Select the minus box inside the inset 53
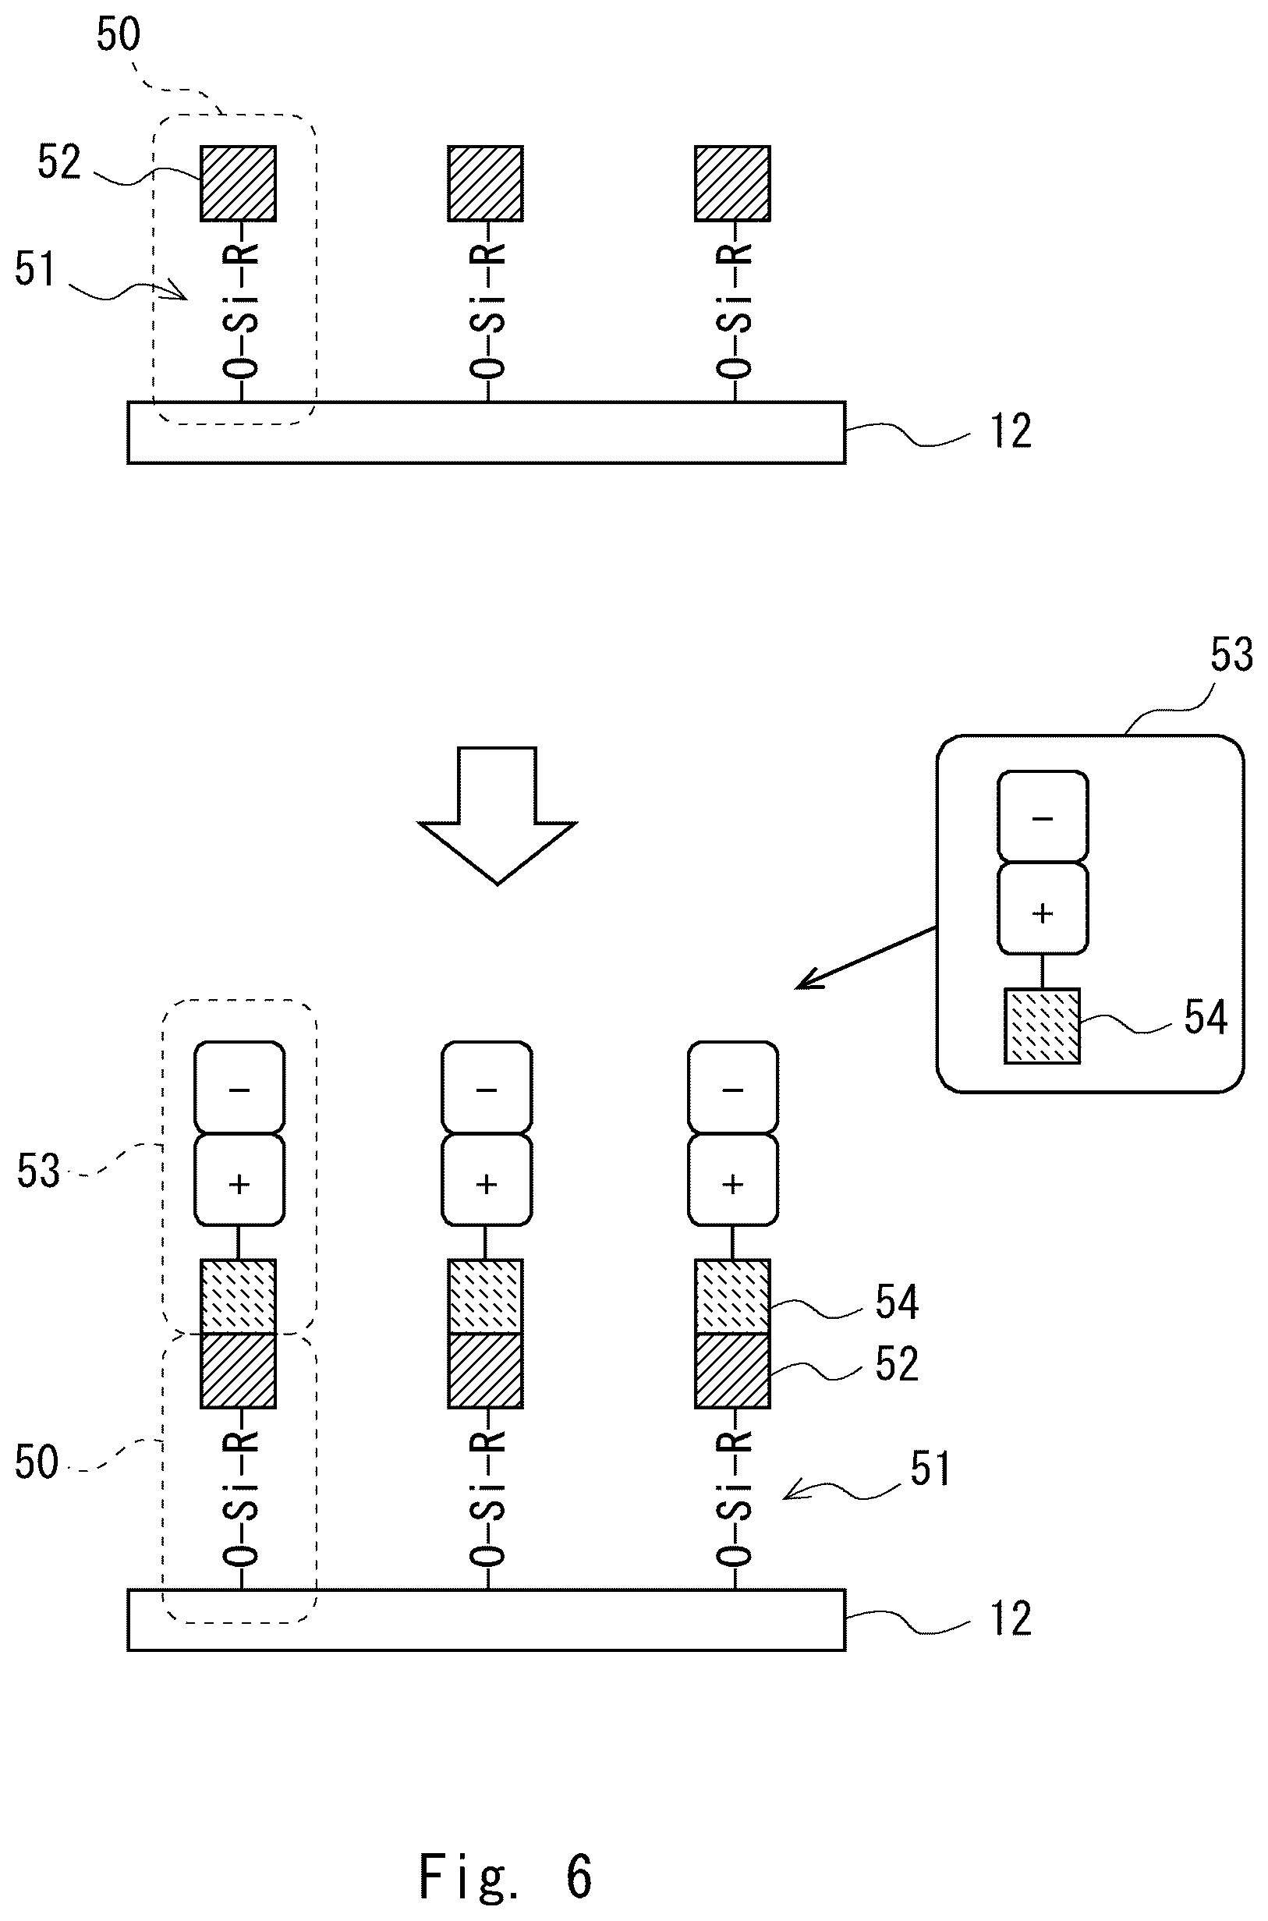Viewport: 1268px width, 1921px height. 1043,817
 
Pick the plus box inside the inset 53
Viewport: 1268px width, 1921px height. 1043,909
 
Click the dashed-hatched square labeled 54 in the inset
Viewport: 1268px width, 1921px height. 1043,1026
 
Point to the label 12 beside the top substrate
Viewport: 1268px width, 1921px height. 1011,432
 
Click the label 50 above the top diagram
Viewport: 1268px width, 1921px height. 118,35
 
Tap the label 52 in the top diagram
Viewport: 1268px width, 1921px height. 59,162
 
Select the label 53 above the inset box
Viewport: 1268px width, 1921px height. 1231,654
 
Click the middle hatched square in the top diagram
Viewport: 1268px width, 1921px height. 486,183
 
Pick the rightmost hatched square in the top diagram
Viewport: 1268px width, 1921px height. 733,183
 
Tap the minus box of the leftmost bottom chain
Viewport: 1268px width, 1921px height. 239,1088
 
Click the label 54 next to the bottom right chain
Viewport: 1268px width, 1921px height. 897,1303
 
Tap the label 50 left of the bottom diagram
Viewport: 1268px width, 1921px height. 37,1462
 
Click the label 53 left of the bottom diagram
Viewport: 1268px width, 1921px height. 38,1171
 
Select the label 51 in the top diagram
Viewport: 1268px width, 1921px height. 35,269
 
